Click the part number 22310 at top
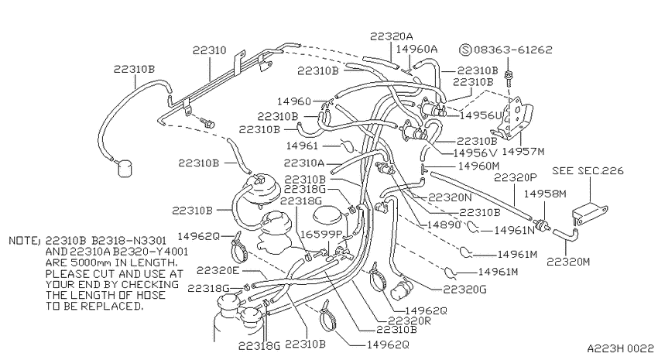pyautogui.click(x=210, y=50)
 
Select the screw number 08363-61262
pyautogui.click(x=512, y=50)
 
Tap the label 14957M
pyautogui.click(x=523, y=151)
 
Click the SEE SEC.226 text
pyautogui.click(x=588, y=171)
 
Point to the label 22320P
pyautogui.click(x=515, y=177)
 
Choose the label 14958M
pyautogui.click(x=545, y=194)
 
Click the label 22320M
pyautogui.click(x=568, y=262)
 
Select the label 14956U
pyautogui.click(x=481, y=115)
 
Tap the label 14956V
pyautogui.click(x=475, y=153)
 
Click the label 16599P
pyautogui.click(x=322, y=234)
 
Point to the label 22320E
pyautogui.click(x=218, y=271)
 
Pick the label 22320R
pyautogui.click(x=410, y=321)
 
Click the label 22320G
pyautogui.click(x=465, y=290)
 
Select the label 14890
pyautogui.click(x=444, y=225)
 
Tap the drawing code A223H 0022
pyautogui.click(x=620, y=348)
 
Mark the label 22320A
pyautogui.click(x=391, y=36)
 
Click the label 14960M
pyautogui.click(x=479, y=166)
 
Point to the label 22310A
pyautogui.click(x=304, y=163)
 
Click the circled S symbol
pyautogui.click(x=465, y=50)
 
